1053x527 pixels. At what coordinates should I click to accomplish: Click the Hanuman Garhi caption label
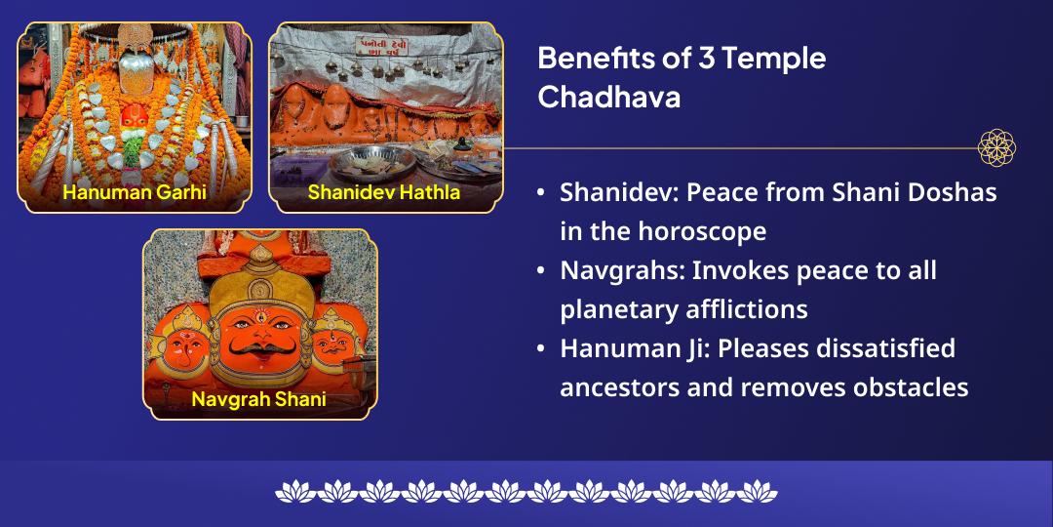tap(135, 192)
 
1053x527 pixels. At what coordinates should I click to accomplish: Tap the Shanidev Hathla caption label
tap(384, 192)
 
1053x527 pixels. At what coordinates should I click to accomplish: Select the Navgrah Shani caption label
tap(258, 399)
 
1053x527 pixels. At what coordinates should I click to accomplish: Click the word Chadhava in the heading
tap(608, 99)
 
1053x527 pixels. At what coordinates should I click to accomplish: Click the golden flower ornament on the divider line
tap(996, 148)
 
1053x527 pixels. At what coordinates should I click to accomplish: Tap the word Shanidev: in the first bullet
tap(619, 192)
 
